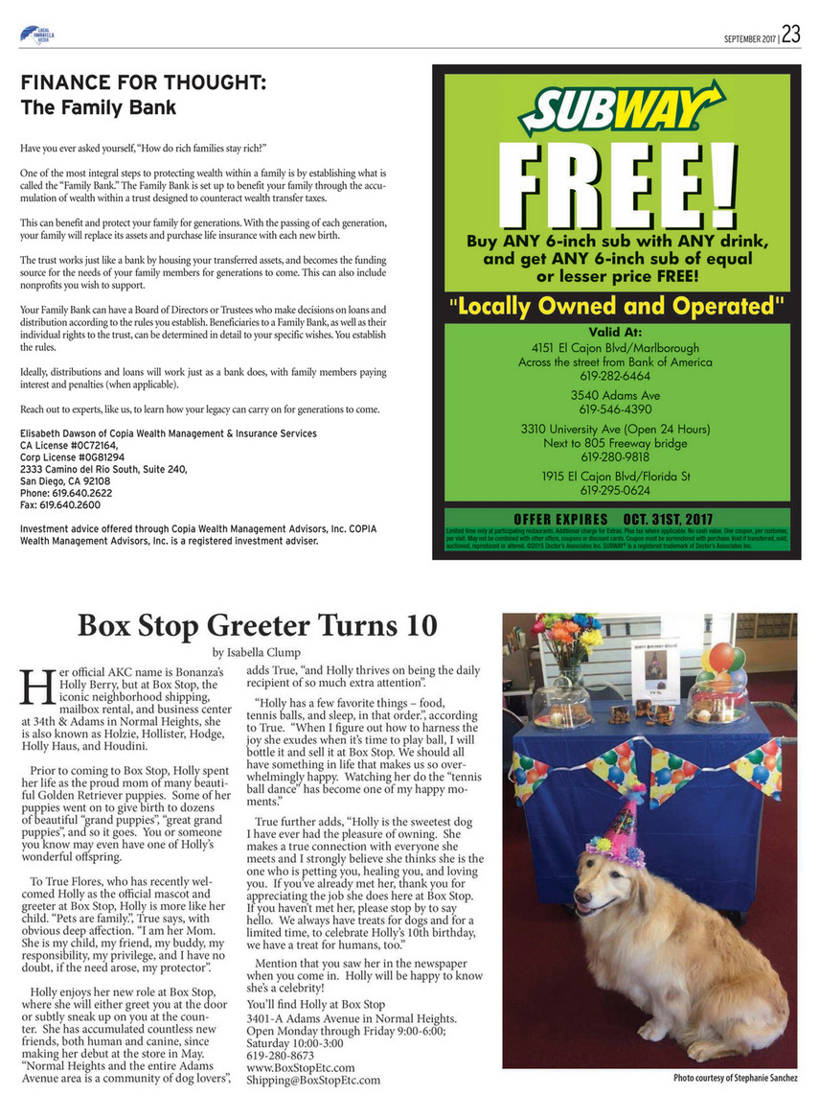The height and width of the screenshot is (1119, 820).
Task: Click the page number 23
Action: tap(790, 35)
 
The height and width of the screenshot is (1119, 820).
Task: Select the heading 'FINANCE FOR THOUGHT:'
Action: tap(143, 83)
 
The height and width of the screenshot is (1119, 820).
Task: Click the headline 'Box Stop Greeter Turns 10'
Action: tap(257, 625)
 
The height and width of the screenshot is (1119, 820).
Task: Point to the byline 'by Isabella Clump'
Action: tap(257, 652)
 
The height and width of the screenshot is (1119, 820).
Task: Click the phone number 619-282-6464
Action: tap(614, 377)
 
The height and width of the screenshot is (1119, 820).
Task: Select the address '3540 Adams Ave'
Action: tap(614, 394)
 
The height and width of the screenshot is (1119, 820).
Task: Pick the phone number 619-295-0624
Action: tap(614, 490)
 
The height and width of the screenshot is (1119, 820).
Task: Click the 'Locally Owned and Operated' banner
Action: tap(614, 307)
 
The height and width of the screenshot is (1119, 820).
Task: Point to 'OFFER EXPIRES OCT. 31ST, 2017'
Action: tap(614, 520)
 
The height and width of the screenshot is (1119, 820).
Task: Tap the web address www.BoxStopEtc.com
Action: tap(301, 1066)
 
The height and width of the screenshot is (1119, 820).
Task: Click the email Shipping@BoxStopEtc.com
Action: tap(313, 1080)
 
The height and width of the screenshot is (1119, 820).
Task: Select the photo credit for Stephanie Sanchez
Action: tap(735, 1079)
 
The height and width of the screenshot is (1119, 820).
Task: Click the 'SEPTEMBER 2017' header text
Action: tap(749, 37)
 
